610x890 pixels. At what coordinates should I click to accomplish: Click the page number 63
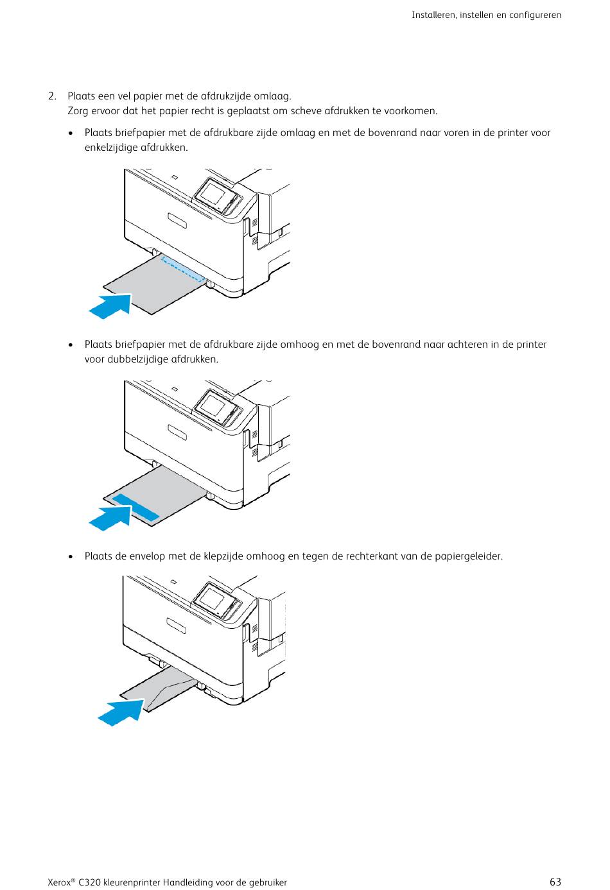[x=555, y=882]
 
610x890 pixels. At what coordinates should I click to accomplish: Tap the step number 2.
[x=52, y=96]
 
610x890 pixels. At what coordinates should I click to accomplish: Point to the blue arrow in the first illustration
[x=110, y=306]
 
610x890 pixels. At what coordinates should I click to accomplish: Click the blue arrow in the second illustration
[x=110, y=518]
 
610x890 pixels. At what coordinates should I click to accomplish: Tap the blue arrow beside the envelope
[x=121, y=713]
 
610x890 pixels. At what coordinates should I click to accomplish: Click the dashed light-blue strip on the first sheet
[x=183, y=269]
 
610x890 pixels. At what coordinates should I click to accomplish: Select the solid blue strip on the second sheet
[x=135, y=508]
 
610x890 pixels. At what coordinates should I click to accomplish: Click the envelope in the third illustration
[x=159, y=689]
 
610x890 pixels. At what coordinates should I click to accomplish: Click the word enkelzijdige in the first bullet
[x=111, y=148]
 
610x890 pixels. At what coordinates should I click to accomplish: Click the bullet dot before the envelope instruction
[x=71, y=556]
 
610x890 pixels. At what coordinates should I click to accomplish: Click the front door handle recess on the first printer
[x=177, y=221]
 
